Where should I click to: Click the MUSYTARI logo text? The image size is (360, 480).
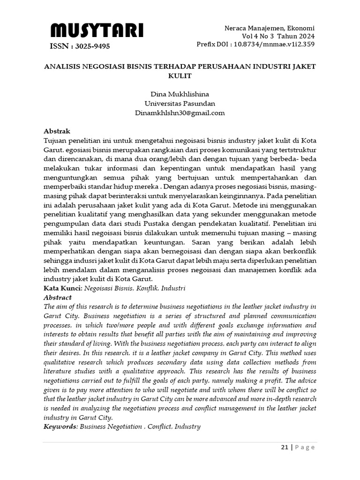tap(97, 31)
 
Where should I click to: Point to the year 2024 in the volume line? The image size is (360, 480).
tap(305, 36)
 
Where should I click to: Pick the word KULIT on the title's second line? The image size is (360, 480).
tap(180, 75)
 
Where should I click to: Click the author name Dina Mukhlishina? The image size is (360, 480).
tap(180, 94)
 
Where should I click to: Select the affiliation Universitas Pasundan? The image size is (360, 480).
tap(180, 104)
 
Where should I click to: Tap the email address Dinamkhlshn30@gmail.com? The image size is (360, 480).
tap(180, 113)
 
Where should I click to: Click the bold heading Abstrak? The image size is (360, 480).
tap(57, 131)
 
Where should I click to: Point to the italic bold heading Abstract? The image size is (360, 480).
tap(58, 297)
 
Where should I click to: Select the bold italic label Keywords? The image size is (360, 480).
tap(60, 427)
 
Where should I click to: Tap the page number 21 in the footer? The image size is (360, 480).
tap(285, 447)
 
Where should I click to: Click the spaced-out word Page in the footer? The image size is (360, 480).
tap(305, 447)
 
